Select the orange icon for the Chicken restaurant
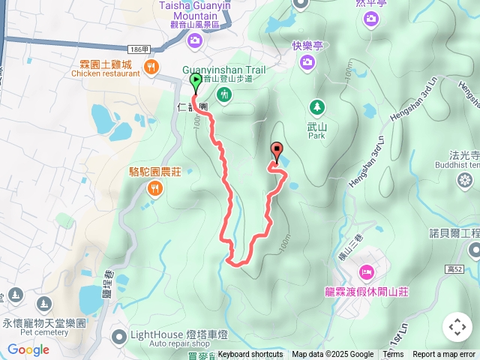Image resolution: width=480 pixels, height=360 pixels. [151, 67]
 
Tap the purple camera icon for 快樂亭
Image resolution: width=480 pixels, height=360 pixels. [307, 62]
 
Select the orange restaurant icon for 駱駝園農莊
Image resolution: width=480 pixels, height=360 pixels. [154, 188]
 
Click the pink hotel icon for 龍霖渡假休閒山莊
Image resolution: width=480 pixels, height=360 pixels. [367, 271]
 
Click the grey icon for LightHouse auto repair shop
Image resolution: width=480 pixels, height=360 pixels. [118, 334]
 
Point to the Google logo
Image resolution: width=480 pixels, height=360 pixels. [28, 349]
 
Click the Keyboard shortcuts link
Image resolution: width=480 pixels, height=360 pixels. [250, 355]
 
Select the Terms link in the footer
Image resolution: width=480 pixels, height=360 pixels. [393, 355]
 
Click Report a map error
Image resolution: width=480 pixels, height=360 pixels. [444, 355]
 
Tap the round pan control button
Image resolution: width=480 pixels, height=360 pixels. [457, 326]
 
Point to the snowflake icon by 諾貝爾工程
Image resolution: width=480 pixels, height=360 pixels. [466, 181]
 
